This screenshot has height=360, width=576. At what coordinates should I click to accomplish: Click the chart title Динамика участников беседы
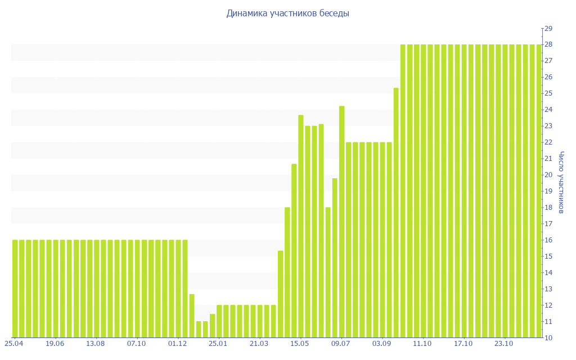[287, 13]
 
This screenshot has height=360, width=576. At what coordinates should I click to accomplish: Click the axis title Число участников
[561, 183]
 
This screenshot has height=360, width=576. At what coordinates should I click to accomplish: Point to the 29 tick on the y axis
[548, 28]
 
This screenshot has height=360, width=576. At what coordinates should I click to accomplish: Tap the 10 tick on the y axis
[548, 338]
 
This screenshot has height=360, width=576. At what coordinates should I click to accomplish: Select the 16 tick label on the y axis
[548, 240]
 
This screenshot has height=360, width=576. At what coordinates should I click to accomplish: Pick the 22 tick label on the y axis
[548, 142]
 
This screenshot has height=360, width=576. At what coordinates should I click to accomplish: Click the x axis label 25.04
[14, 344]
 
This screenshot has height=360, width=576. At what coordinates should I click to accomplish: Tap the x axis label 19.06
[55, 344]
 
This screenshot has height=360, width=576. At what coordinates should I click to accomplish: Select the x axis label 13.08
[96, 344]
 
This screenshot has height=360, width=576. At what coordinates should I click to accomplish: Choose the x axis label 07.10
[137, 344]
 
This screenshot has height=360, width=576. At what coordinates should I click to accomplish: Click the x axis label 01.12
[178, 344]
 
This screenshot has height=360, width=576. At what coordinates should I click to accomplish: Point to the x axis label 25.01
[218, 344]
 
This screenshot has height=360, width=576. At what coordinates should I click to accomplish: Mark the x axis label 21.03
[259, 344]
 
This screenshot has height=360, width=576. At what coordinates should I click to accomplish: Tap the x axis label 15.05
[300, 344]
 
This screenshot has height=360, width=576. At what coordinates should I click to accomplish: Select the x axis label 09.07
[341, 344]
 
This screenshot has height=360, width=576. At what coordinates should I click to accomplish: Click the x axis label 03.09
[382, 344]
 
